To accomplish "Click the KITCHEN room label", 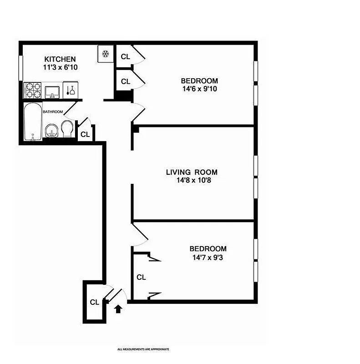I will [x=60, y=59].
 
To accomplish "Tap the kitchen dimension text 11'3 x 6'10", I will [x=60, y=67].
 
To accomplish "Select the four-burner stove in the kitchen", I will [x=33, y=90].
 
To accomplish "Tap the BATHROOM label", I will [x=53, y=111].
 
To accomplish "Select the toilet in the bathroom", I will [x=67, y=129].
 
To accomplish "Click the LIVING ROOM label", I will [x=191, y=172].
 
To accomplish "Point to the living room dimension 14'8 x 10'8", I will [x=191, y=181].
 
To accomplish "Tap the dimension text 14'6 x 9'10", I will [x=199, y=89].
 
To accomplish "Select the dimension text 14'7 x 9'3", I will [x=208, y=257].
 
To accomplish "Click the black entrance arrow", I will [x=118, y=309].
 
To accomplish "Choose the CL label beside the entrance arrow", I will [x=94, y=302].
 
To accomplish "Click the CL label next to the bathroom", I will [x=85, y=134].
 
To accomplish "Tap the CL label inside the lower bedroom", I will [x=141, y=277].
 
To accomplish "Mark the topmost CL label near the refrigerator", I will [x=126, y=57].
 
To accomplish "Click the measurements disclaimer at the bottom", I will [x=143, y=349].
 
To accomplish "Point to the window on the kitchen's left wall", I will [x=20, y=69].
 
